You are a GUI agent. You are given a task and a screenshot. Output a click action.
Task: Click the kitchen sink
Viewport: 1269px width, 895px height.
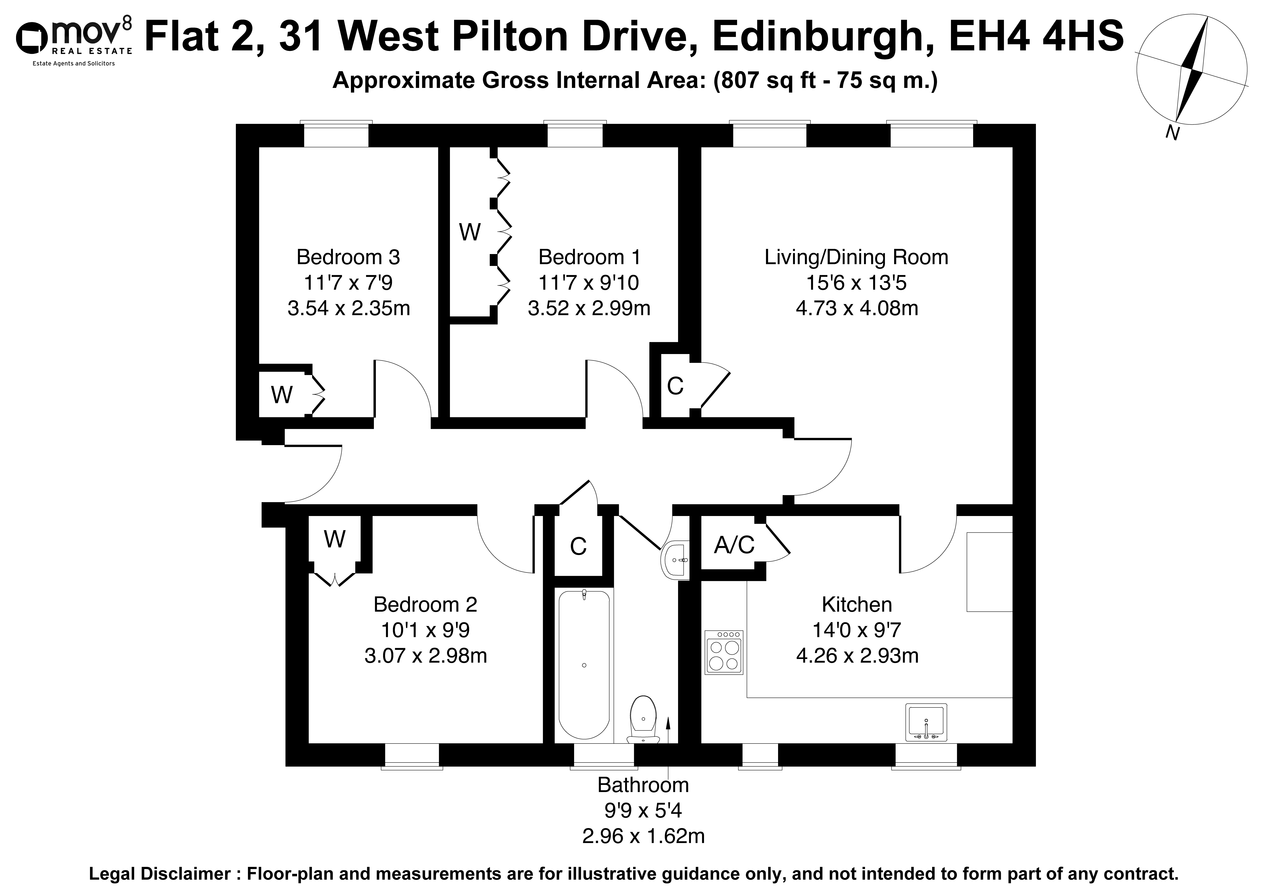tap(926, 722)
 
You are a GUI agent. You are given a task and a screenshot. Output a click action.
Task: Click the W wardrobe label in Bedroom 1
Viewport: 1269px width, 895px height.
tap(470, 233)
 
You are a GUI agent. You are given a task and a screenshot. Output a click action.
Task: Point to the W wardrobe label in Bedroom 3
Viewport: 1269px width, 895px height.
tap(282, 394)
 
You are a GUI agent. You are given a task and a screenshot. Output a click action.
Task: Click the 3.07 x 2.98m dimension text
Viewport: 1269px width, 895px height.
tap(426, 655)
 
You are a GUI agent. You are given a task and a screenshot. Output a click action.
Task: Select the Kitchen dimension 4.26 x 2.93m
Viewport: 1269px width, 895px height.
tap(857, 655)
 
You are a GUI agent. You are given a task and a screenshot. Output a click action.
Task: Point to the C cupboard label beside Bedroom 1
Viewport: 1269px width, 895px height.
tap(675, 386)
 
